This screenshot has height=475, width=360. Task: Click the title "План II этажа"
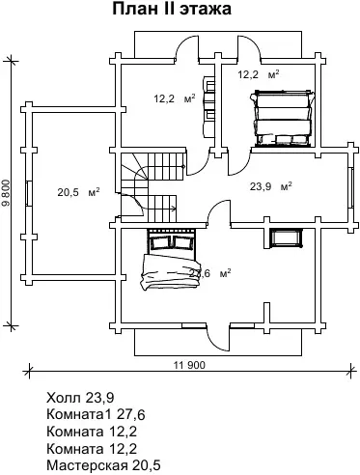tap(172, 9)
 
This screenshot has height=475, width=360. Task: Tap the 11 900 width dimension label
tap(189, 365)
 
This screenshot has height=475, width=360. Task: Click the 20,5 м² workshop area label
tap(78, 192)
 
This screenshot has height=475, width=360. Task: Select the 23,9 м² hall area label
tap(271, 186)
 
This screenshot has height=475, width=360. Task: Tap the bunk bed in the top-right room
tap(282, 118)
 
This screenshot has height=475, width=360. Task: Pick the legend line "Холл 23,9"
tap(80, 398)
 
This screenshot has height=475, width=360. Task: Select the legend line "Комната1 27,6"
tap(96, 414)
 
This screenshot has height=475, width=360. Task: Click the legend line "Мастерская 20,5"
tap(103, 465)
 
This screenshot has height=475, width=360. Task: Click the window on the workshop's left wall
tap(29, 193)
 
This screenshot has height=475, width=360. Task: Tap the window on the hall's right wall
tap(350, 186)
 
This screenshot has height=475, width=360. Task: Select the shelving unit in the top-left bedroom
tap(208, 104)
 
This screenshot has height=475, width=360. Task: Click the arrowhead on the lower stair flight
tap(174, 209)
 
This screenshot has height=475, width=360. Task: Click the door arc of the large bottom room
tap(215, 206)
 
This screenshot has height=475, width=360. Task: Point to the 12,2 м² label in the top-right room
tap(259, 74)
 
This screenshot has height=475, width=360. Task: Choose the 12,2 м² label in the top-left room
tap(175, 98)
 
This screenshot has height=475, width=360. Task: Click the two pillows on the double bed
tap(171, 242)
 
